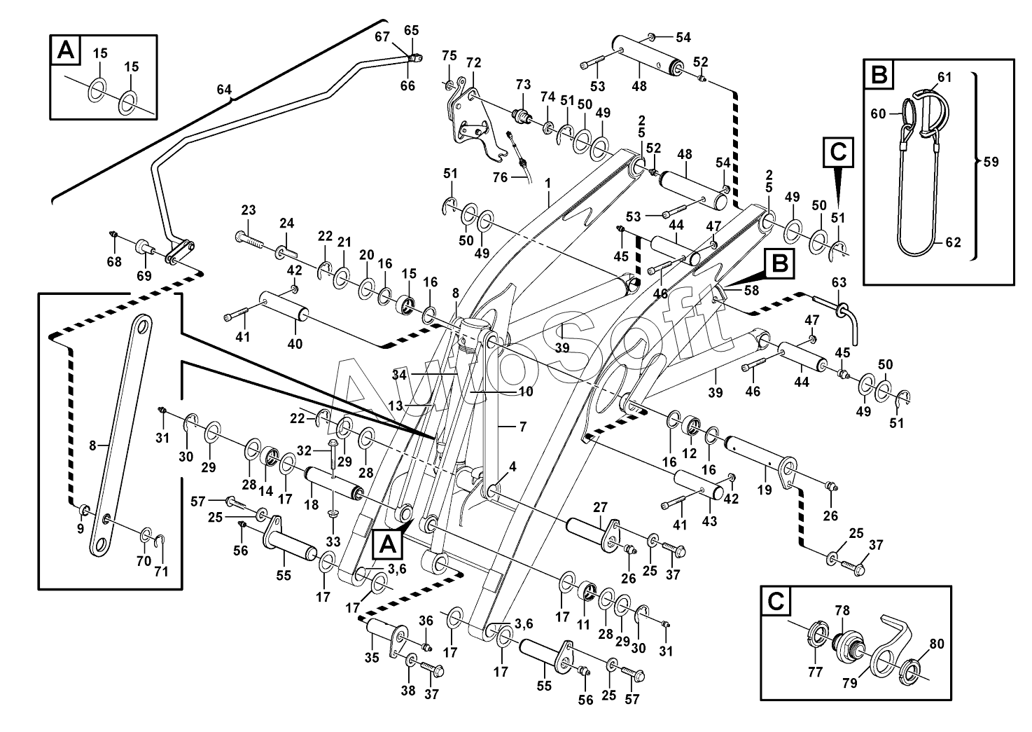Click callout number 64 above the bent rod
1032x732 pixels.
224,90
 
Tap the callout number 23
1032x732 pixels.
249,210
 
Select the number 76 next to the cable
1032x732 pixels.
500,177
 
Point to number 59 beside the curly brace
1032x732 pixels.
991,163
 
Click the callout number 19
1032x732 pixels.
765,489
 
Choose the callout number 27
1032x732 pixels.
600,508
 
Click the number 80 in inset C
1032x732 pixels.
937,644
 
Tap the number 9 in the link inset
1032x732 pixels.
81,529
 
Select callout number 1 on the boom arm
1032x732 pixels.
548,184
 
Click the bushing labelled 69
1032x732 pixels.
145,247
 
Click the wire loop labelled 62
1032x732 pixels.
916,208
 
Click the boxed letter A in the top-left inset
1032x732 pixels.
65,50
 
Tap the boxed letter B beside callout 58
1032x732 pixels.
779,264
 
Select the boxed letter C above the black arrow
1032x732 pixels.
838,152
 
